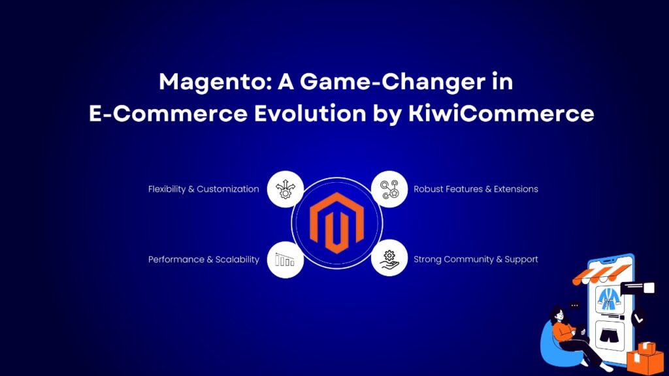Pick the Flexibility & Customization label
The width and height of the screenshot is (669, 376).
204,189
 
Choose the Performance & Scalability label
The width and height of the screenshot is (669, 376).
204,259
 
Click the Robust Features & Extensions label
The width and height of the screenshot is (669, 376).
476,189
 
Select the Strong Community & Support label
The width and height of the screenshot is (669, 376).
476,259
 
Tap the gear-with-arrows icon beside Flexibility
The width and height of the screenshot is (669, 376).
286,189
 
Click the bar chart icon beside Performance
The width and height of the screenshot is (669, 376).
286,259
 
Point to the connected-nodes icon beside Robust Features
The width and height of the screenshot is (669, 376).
389,189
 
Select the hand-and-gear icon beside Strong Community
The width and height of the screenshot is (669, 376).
389,259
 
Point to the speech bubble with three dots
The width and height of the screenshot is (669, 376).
575,305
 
